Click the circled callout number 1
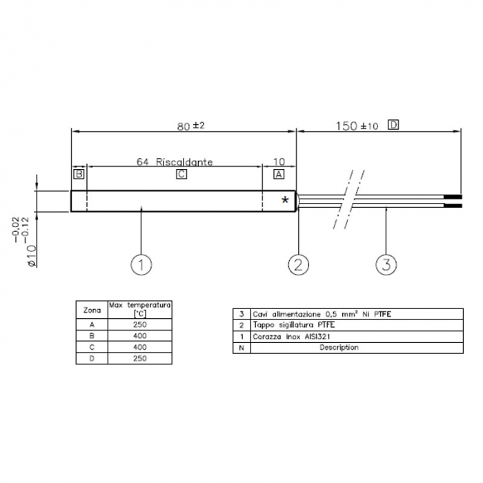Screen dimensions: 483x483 [141, 264]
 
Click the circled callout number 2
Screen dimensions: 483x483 [298, 264]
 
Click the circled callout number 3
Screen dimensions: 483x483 [386, 264]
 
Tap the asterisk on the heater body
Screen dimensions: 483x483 [285, 200]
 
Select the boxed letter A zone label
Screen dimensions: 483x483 [279, 175]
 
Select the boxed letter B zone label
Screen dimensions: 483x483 [79, 175]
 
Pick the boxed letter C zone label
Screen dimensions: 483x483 [181, 175]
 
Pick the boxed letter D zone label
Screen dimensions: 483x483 [393, 125]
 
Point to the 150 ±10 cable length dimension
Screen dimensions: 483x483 [357, 126]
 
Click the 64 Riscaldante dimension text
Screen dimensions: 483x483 [175, 162]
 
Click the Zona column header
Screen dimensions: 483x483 [92, 310]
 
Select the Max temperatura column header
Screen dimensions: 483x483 [140, 308]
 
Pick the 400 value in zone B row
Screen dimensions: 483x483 [140, 335]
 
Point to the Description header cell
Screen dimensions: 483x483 [339, 348]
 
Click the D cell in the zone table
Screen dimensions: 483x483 [92, 359]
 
